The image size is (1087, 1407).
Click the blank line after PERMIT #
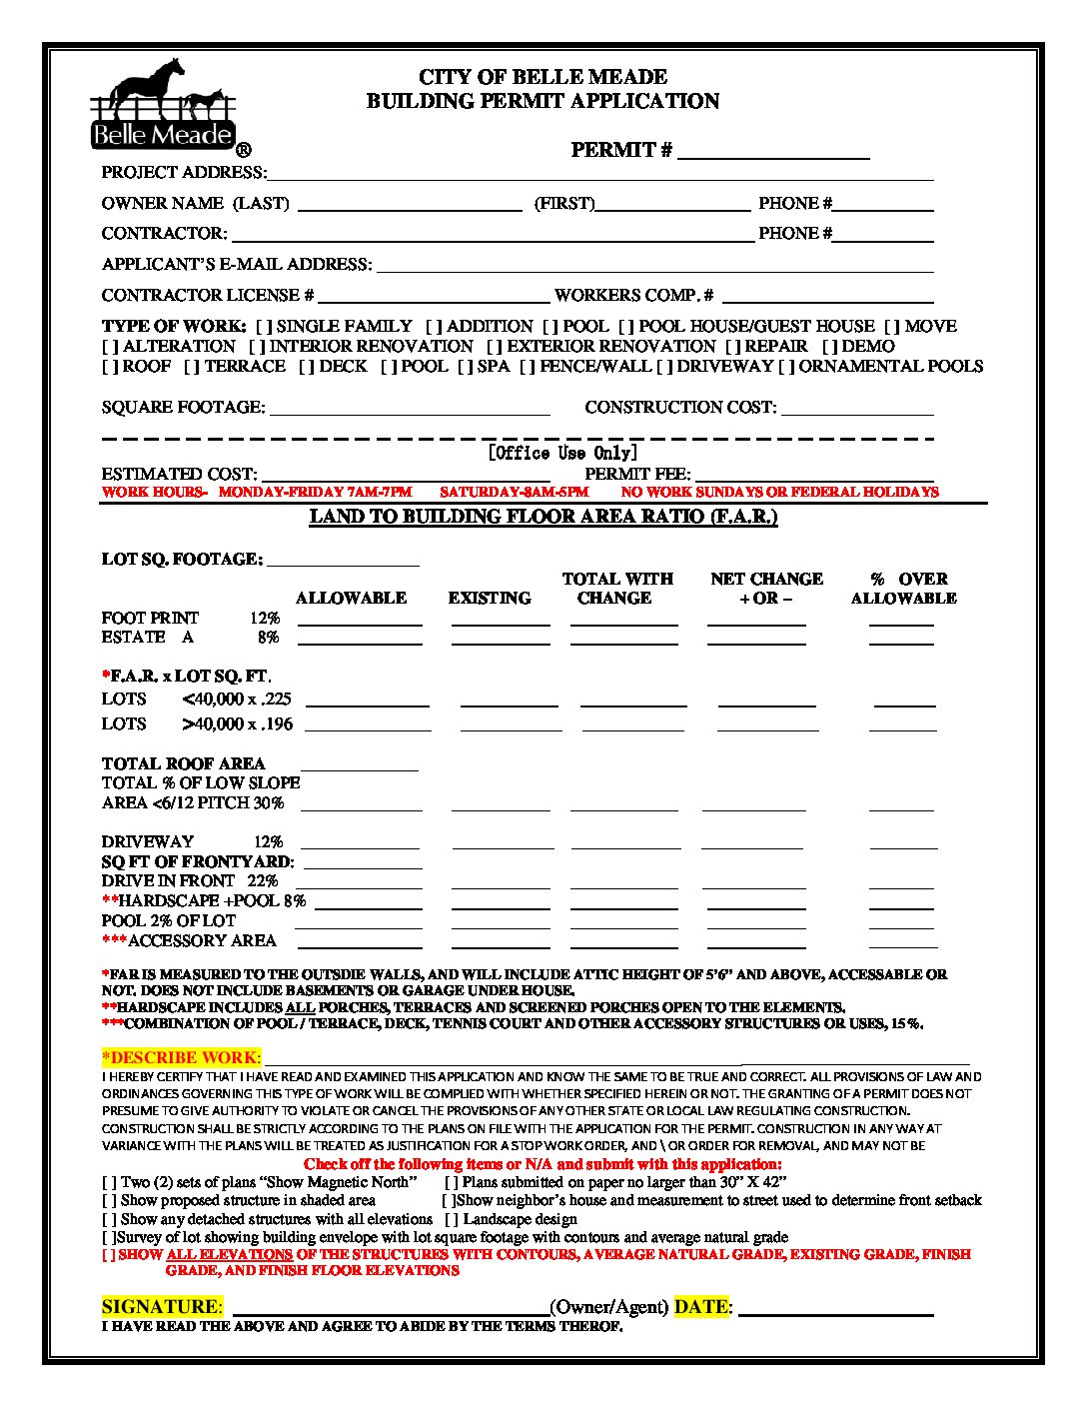point(774,152)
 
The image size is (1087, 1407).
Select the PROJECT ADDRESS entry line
point(599,174)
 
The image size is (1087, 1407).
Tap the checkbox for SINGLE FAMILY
point(265,327)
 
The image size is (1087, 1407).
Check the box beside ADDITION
point(435,327)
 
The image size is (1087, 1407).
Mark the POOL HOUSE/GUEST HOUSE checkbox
point(626,327)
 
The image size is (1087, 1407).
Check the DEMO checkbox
point(831,347)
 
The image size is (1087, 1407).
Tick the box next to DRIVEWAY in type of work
point(665,367)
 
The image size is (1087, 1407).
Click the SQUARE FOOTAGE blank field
point(410,408)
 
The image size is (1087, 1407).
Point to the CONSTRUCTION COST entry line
point(857,408)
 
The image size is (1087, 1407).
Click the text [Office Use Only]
point(562,453)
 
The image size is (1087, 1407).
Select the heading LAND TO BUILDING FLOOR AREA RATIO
point(543,517)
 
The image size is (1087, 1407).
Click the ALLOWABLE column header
point(351,599)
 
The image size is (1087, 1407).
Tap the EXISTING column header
point(490,599)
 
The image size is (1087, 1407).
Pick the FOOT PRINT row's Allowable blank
point(360,620)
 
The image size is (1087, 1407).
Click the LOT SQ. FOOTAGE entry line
point(343,560)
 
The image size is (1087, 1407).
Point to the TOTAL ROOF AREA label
point(183,764)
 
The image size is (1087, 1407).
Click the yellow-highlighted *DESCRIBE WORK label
point(181,1057)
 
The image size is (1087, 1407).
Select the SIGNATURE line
point(390,1308)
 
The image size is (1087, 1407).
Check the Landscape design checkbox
point(453,1220)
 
